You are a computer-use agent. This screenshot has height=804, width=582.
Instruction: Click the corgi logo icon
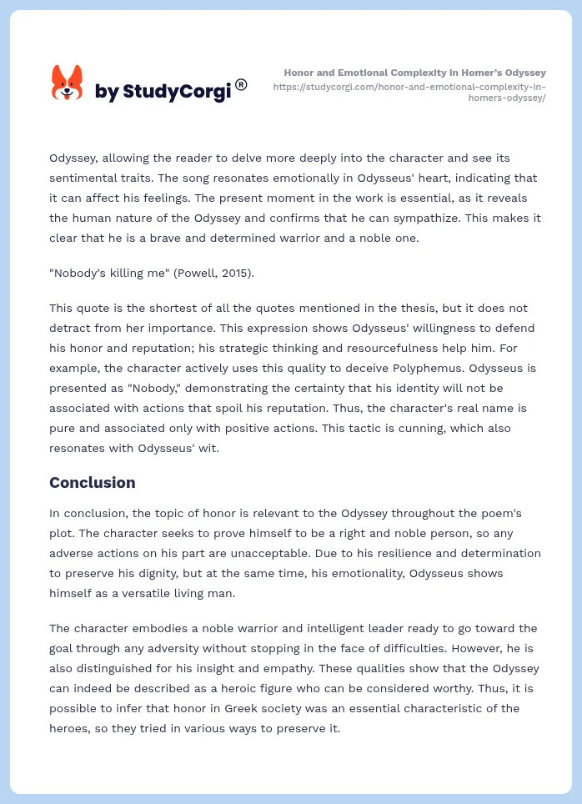click(x=68, y=83)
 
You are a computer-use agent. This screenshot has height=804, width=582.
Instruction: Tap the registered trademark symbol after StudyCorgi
click(x=241, y=84)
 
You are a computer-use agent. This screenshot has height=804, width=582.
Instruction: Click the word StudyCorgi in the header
click(x=177, y=92)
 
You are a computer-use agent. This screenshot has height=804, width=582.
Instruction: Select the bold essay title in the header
click(x=414, y=73)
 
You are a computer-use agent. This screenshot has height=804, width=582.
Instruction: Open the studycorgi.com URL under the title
click(x=409, y=92)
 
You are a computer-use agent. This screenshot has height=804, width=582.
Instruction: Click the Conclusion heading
click(x=92, y=482)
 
